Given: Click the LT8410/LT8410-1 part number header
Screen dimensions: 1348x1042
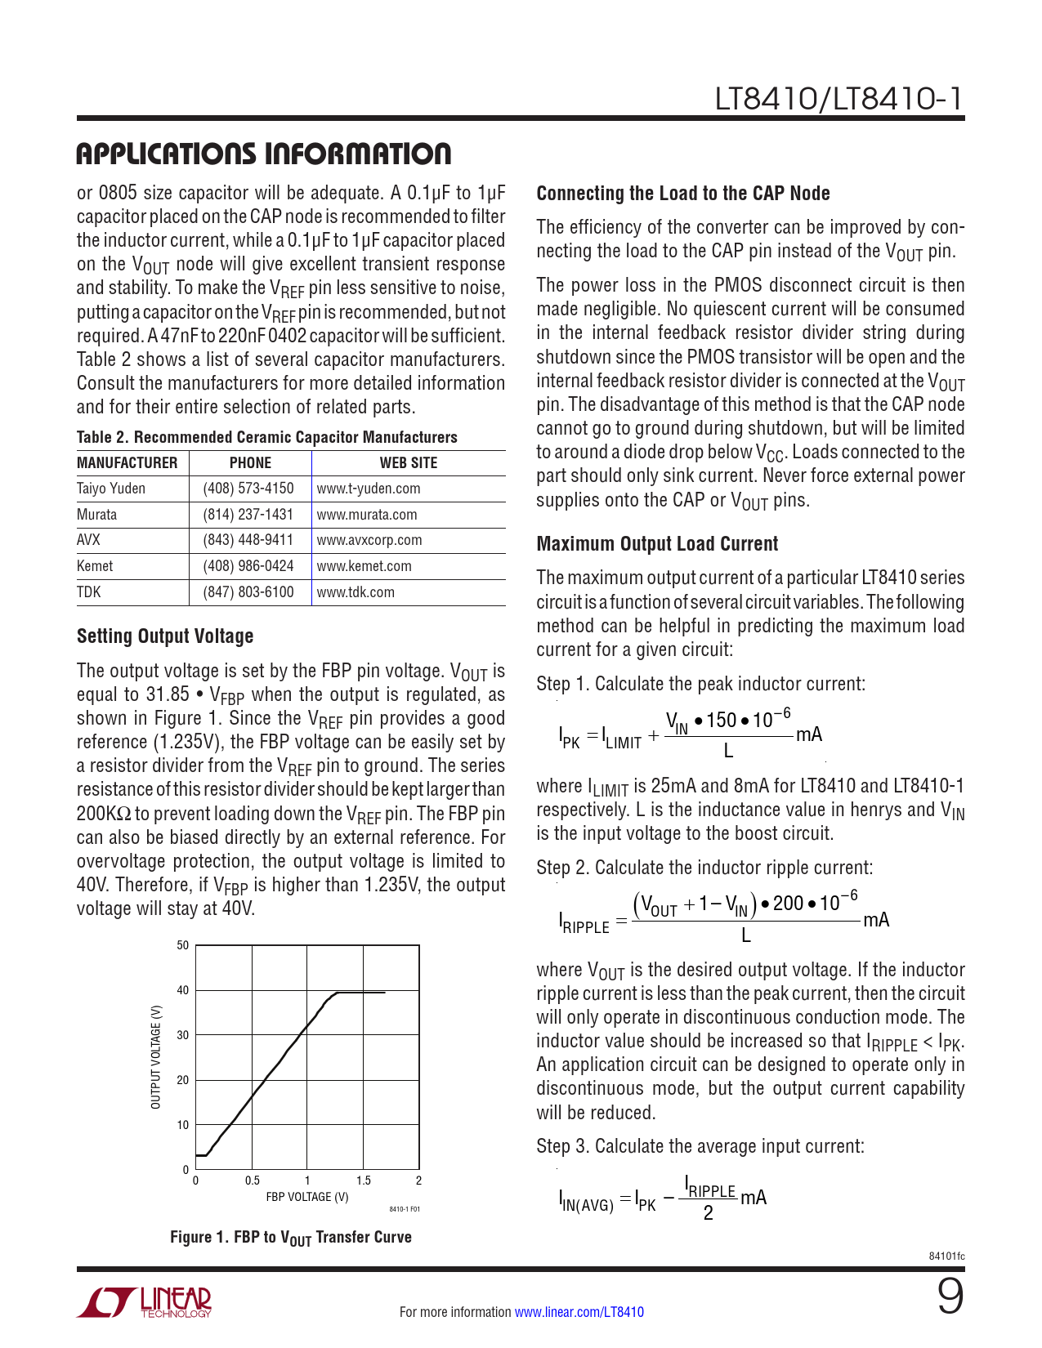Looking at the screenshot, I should tap(839, 99).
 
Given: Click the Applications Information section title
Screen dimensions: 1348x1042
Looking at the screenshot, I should tap(263, 154).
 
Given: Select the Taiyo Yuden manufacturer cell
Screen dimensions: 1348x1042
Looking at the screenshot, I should tap(111, 489).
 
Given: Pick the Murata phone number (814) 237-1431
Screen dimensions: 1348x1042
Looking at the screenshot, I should tap(248, 515).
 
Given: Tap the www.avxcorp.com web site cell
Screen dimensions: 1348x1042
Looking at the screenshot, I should tap(369, 540).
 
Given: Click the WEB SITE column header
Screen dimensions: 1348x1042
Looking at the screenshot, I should tap(408, 463).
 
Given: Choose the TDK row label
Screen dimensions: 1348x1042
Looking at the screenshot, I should tap(89, 592).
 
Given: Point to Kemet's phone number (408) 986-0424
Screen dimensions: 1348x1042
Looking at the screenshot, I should tap(248, 566).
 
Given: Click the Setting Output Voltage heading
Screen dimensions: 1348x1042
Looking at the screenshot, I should tap(165, 636).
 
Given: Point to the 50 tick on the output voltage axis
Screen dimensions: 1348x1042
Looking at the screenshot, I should tap(183, 945).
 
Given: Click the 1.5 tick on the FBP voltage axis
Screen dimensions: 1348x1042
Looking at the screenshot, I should tap(364, 1181).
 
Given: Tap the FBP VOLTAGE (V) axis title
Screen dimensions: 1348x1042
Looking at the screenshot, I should tap(307, 1197).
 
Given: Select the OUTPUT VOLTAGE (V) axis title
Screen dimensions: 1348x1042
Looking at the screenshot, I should tap(155, 1057).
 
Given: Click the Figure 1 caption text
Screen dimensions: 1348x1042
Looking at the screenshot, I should tap(290, 1238).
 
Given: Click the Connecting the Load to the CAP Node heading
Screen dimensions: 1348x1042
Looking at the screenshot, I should tap(683, 194).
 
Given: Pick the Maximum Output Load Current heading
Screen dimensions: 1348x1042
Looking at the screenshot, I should tap(657, 544).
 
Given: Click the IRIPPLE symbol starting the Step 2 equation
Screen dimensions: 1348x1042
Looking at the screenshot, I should tap(584, 923).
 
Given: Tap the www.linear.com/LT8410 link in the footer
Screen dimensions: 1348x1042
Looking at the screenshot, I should tap(579, 1312).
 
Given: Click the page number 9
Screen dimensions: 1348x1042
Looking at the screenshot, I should tap(950, 1298).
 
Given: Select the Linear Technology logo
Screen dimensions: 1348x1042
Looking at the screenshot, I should tap(145, 1303).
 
